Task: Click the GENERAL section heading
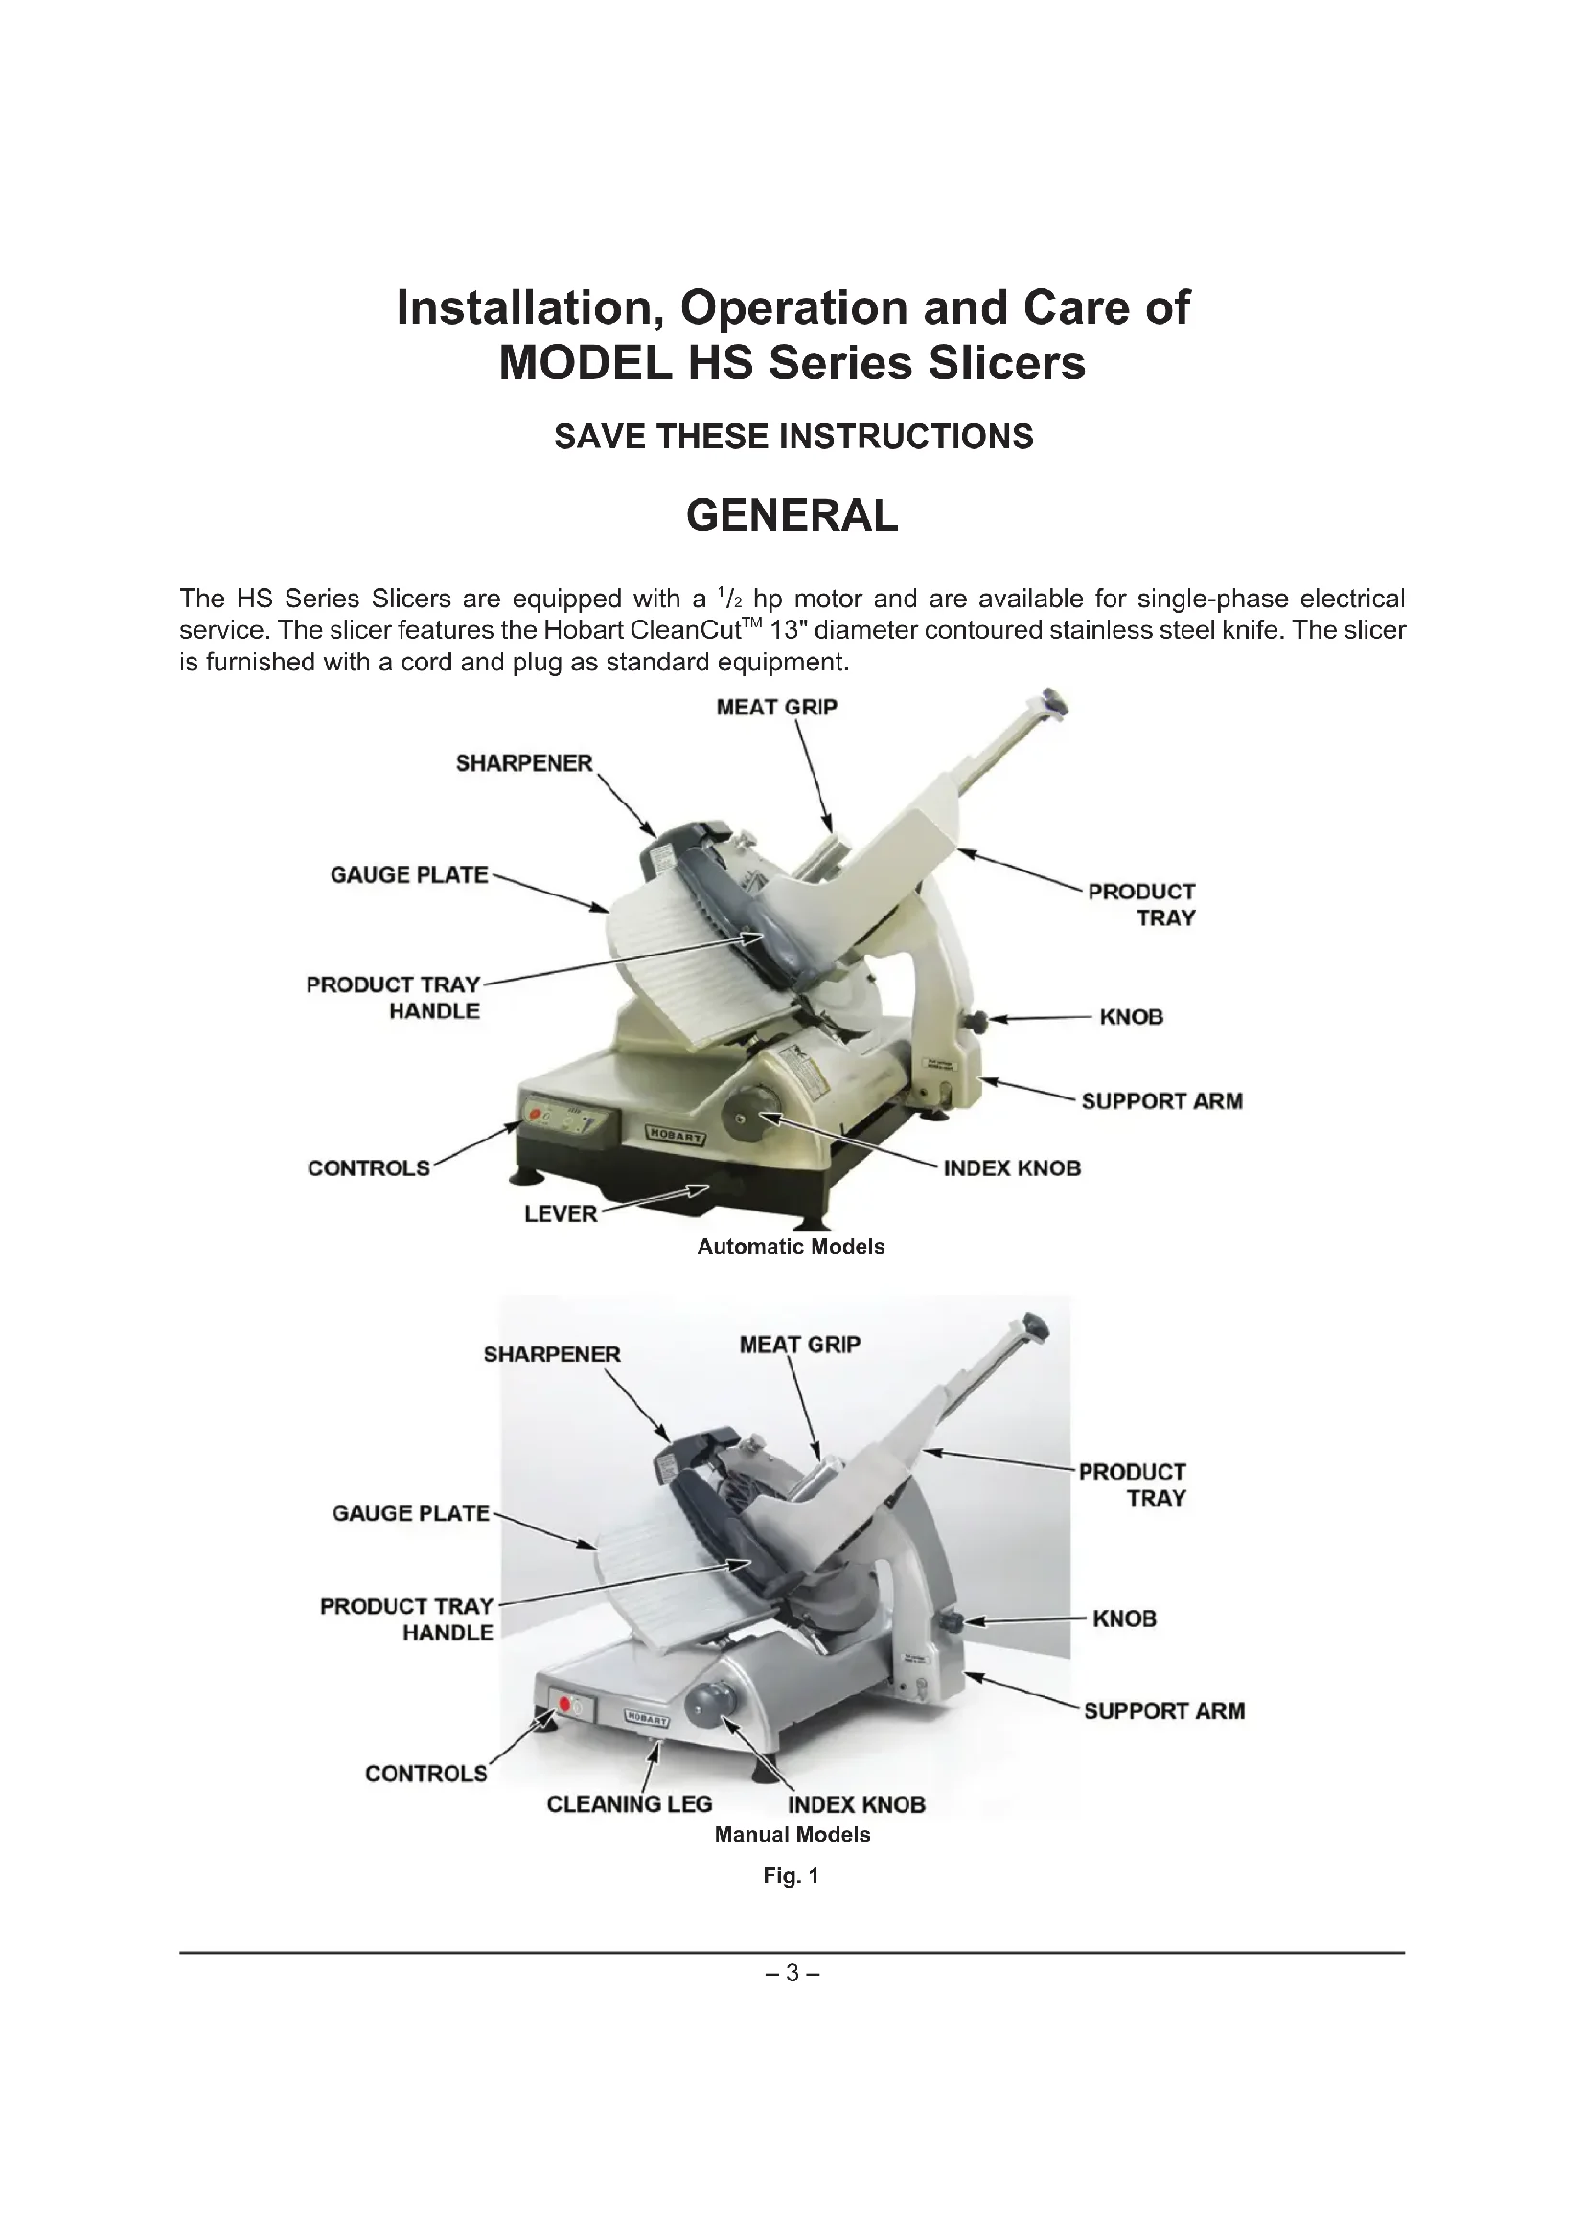pos(792,515)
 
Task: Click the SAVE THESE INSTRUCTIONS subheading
pos(792,436)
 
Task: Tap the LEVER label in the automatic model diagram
pos(561,1213)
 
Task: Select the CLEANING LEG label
pos(629,1804)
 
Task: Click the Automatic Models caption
pos(791,1247)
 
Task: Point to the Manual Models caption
pos(792,1834)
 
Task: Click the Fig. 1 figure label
pos(791,1875)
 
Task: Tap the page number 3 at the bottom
pos(792,1973)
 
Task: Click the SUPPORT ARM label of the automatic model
pos(1161,1101)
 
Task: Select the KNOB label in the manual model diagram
pos(1123,1618)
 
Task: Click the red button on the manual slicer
pos(564,1705)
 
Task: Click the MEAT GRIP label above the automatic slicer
pos(776,708)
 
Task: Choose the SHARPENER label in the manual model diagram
pos(551,1354)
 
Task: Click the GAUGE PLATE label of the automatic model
pos(409,875)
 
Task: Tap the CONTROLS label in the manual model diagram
pos(425,1774)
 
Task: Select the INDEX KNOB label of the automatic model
pos(1012,1168)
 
